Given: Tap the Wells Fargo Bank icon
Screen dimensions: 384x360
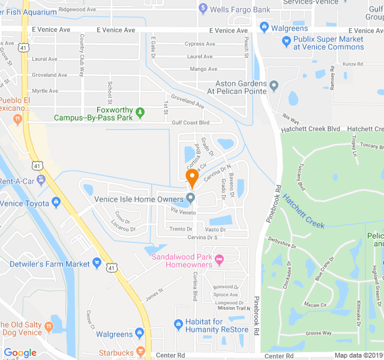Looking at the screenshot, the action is (203, 9).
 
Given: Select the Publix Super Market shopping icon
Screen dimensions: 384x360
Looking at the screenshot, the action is (286, 41).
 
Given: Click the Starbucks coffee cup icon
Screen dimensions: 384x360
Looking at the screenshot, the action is (140, 351).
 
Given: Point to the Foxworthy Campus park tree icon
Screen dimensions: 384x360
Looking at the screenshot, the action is (140, 111).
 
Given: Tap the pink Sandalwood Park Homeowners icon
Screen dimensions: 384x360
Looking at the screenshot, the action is (219, 259).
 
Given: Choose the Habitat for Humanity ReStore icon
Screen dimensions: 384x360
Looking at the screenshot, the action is (178, 325).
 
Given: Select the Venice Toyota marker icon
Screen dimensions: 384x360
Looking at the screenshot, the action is (55, 202).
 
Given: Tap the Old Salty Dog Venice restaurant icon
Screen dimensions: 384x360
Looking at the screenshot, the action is (49, 327).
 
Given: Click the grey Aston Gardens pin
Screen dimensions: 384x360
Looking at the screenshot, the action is (274, 85).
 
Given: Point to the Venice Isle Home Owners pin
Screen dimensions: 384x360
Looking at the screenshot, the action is (191, 197).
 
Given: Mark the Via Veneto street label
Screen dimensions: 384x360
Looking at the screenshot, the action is (183, 211).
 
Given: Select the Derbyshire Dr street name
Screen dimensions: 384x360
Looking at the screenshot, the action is (282, 245).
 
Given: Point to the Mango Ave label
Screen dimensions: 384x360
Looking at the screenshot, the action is (203, 69).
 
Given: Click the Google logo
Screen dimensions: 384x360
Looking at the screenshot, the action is (20, 353).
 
